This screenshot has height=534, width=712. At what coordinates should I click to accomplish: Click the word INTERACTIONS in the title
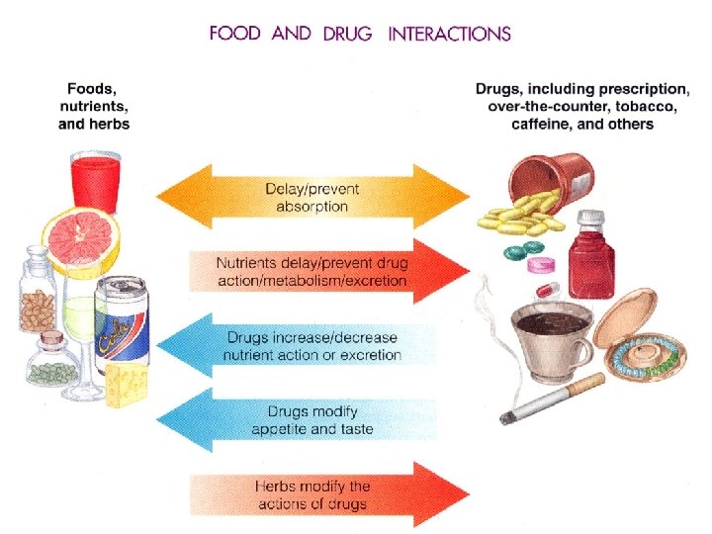tap(450, 34)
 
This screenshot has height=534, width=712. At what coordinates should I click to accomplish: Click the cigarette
tap(554, 400)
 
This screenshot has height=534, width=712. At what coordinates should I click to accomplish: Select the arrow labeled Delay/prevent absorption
tap(314, 198)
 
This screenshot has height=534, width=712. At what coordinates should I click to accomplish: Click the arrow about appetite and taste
tap(314, 420)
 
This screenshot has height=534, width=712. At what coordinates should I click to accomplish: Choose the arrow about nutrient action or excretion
tap(314, 346)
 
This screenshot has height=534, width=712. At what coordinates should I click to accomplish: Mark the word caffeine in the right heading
tap(545, 125)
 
